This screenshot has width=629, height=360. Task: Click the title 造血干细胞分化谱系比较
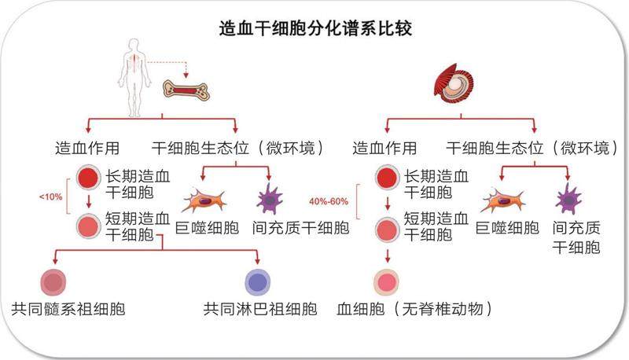tap(315, 30)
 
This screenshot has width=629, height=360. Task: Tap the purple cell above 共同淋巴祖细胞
tap(258, 281)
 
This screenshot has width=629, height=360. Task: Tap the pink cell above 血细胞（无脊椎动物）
tap(386, 281)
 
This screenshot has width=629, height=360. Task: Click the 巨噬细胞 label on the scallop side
tap(507, 229)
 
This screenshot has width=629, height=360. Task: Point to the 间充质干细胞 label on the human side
tap(303, 229)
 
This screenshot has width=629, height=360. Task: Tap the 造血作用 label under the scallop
tap(384, 147)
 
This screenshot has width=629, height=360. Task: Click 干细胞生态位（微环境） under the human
tap(237, 147)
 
